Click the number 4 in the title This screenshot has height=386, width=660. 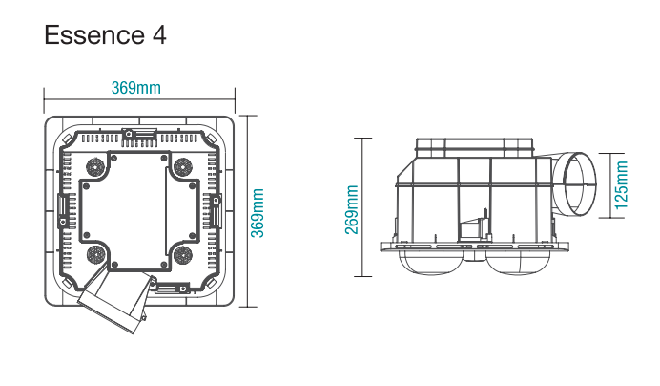tap(158, 35)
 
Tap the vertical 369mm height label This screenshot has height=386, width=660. tap(258, 212)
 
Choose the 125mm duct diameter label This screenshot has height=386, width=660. tap(621, 183)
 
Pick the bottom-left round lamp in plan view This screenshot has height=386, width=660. tap(95, 254)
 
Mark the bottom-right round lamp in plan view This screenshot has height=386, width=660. tap(183, 254)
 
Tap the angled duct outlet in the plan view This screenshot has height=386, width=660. tap(113, 305)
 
